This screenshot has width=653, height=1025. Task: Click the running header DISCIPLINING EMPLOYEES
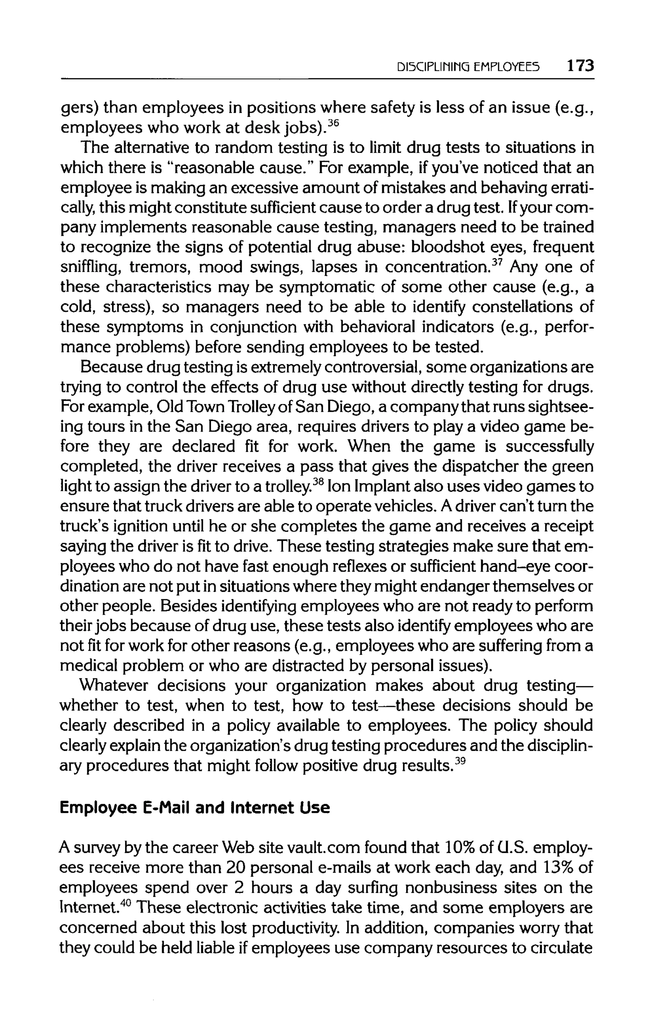(468, 67)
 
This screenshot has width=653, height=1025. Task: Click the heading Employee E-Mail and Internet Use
(195, 807)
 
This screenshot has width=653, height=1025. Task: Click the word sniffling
(90, 267)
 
